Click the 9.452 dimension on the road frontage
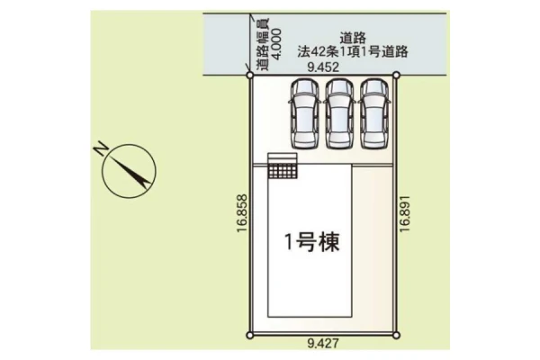(x=323, y=67)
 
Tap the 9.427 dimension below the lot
(x=323, y=343)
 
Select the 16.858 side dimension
(x=242, y=213)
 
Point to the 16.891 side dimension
(x=405, y=213)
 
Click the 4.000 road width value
(x=276, y=44)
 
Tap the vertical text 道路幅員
(x=264, y=44)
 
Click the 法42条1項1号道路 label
(x=353, y=51)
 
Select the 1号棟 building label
(x=312, y=241)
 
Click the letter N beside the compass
(x=101, y=148)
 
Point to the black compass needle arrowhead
(x=144, y=182)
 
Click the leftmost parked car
(x=305, y=114)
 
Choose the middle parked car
(x=339, y=114)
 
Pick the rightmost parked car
(x=374, y=114)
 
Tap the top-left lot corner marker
(x=250, y=75)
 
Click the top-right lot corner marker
(x=396, y=75)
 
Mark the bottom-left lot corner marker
(x=250, y=335)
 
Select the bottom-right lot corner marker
(x=396, y=335)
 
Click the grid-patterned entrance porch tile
(x=283, y=171)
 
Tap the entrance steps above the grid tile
(x=283, y=158)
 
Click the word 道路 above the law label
(x=353, y=38)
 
